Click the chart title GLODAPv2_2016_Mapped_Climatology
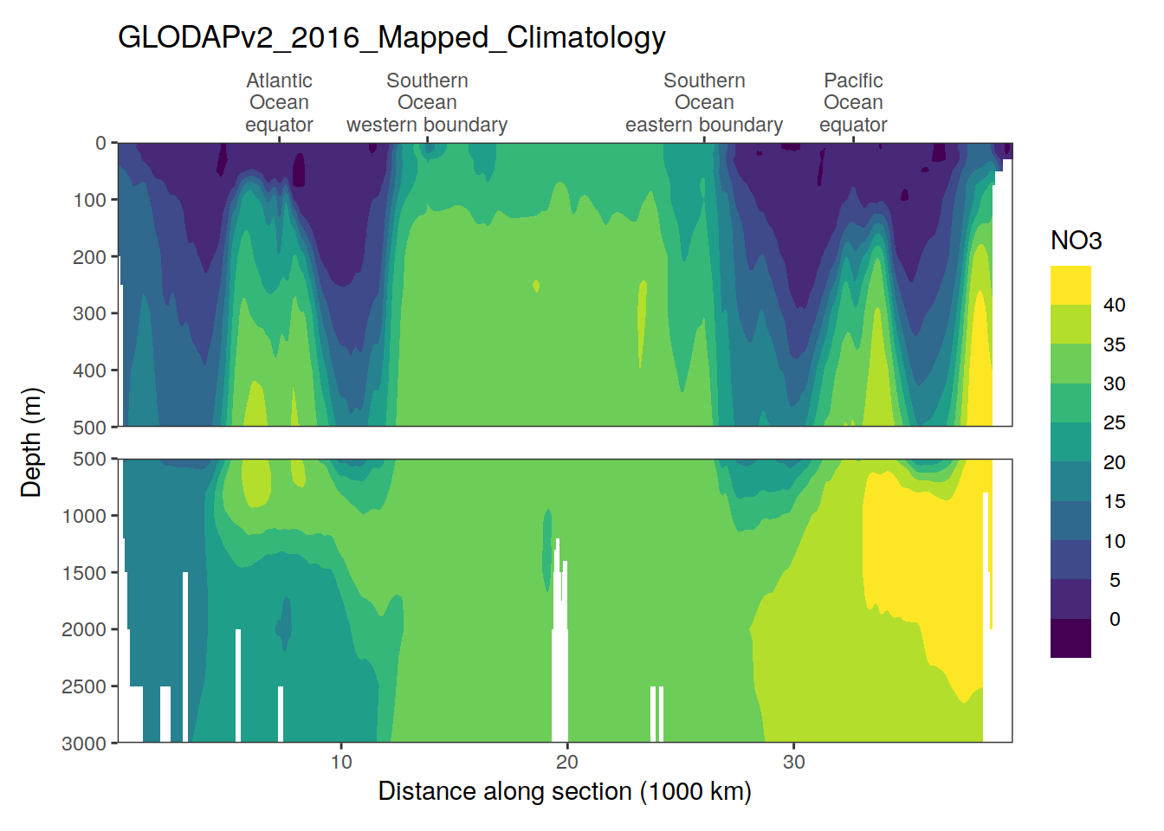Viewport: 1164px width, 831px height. [x=391, y=37]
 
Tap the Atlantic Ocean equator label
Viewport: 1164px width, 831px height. [x=279, y=102]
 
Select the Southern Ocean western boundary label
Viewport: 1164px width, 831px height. [x=427, y=102]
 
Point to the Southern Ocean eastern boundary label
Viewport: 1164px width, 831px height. [x=704, y=102]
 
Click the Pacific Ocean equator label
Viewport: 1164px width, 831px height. [x=853, y=102]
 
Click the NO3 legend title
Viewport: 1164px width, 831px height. [x=1076, y=241]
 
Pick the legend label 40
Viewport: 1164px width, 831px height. [x=1114, y=305]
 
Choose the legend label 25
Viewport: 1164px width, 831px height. [x=1114, y=422]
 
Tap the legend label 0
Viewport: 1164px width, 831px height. [x=1115, y=619]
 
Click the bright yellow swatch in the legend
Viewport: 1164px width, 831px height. [x=1070, y=285]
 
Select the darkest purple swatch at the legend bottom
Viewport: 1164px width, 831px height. [x=1070, y=638]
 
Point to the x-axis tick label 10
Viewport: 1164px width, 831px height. [x=341, y=762]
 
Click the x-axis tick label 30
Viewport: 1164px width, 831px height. [x=793, y=762]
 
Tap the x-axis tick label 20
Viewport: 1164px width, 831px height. [x=567, y=762]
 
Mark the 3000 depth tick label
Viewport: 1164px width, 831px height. [x=84, y=743]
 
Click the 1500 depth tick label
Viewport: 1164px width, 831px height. [x=84, y=572]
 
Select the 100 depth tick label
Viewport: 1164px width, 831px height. [x=89, y=200]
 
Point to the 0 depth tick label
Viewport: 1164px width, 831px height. [x=100, y=143]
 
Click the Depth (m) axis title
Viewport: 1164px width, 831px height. [x=31, y=442]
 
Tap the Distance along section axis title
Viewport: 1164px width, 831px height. [x=565, y=791]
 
